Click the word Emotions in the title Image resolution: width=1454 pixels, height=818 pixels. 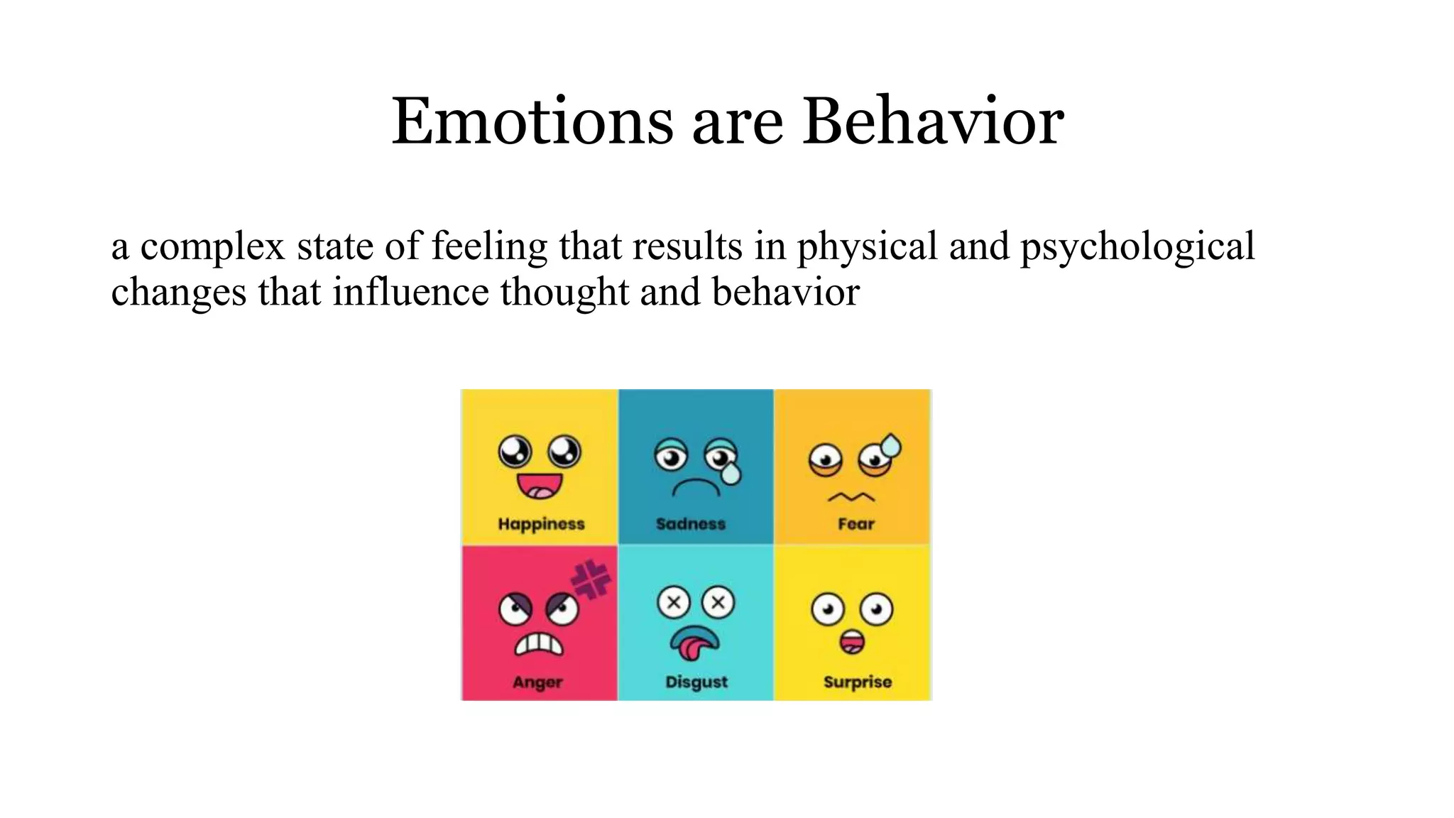tap(532, 121)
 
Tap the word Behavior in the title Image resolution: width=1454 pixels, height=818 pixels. tap(933, 121)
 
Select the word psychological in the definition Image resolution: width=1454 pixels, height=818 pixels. tap(1137, 247)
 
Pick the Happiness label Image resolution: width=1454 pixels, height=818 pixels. tap(541, 524)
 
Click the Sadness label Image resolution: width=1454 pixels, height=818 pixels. tap(691, 524)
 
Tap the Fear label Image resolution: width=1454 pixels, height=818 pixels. tap(856, 524)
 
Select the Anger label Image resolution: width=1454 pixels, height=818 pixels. tap(537, 682)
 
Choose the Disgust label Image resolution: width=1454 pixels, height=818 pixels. tap(696, 682)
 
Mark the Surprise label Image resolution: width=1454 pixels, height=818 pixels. tap(858, 682)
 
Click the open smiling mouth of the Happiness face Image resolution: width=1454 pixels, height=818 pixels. tap(539, 486)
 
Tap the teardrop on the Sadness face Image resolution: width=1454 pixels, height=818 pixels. tap(730, 472)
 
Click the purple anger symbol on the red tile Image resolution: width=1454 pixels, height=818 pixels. tap(591, 579)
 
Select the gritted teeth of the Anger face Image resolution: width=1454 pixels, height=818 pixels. tap(539, 644)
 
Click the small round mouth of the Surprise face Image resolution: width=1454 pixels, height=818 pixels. tap(852, 642)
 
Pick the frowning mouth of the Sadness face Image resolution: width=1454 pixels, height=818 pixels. tap(696, 487)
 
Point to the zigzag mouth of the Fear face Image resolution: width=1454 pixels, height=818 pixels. tap(851, 497)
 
